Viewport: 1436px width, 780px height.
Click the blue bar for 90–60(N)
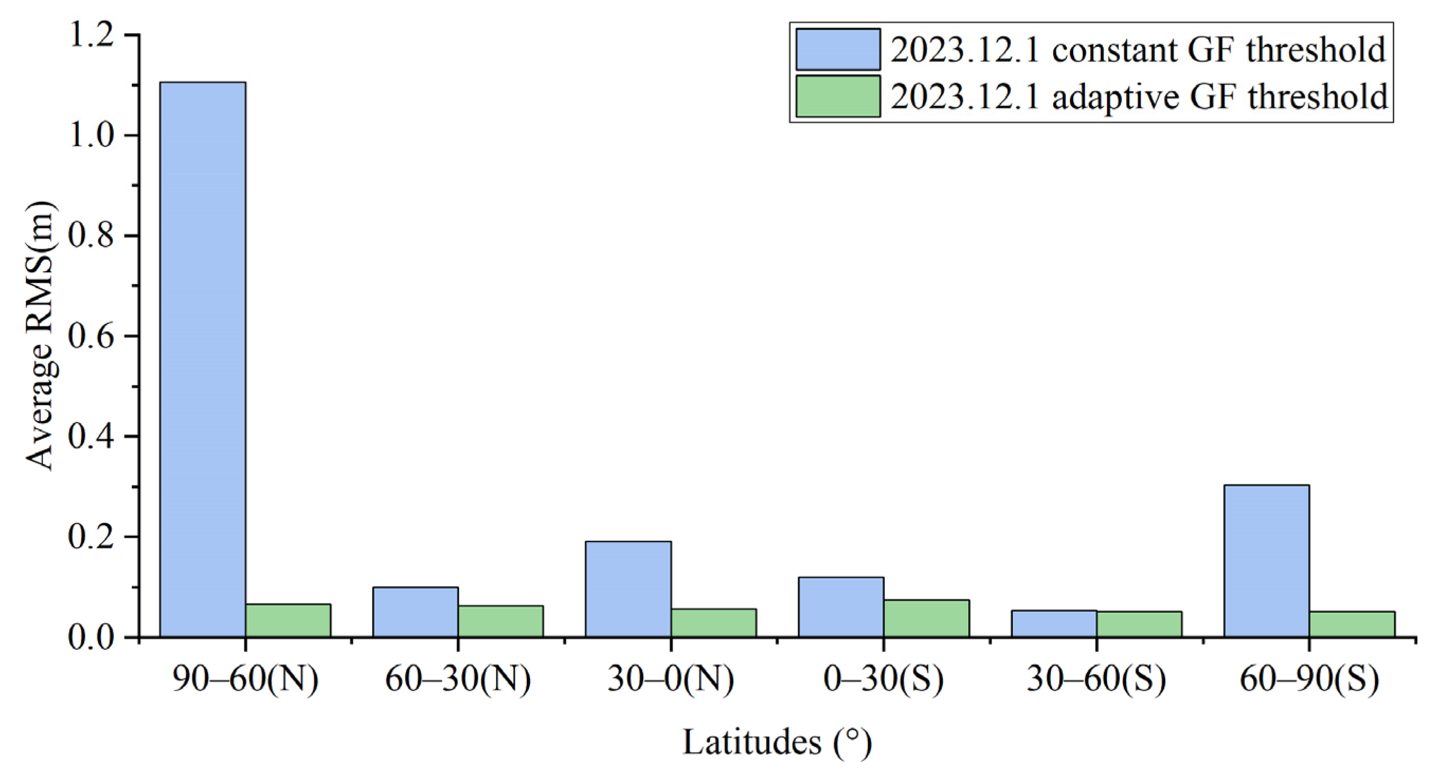[203, 359]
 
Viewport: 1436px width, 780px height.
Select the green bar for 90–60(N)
[288, 620]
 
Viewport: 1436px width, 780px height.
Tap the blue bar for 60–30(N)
[415, 612]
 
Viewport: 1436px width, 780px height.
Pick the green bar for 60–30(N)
[500, 621]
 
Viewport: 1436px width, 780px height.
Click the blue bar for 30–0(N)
[628, 589]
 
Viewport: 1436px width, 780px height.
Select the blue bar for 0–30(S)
[840, 607]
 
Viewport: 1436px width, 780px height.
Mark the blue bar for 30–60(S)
[1054, 623]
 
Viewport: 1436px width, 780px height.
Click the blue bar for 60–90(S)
[1267, 561]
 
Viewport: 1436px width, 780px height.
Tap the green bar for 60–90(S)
[1352, 624]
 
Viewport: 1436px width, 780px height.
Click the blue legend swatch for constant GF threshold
[838, 50]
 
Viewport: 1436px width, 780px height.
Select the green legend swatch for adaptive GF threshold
[838, 96]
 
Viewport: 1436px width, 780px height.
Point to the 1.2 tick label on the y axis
[95, 35]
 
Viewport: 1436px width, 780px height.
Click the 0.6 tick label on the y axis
[95, 336]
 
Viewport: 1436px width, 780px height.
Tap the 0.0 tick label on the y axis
[95, 637]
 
